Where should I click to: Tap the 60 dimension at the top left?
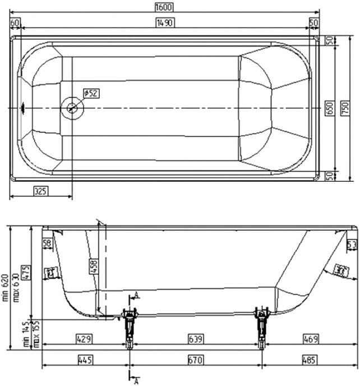(15, 22)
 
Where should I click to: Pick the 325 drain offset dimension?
(40, 191)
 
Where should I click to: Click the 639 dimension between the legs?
(196, 339)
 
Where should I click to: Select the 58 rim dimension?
(47, 243)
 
